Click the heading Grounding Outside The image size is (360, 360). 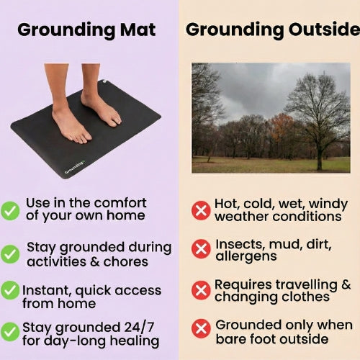click(x=272, y=30)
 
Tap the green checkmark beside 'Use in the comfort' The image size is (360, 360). click(x=10, y=210)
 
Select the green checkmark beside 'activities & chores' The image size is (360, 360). click(x=10, y=253)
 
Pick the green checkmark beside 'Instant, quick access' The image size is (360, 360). click(x=10, y=290)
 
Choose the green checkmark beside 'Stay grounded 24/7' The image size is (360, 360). click(x=10, y=331)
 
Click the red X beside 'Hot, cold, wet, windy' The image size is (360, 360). click(x=201, y=210)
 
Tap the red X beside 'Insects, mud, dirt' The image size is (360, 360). click(x=201, y=249)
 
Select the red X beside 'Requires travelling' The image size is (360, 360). click(x=201, y=290)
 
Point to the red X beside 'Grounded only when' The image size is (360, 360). click(x=201, y=330)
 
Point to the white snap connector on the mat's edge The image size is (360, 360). click(x=104, y=82)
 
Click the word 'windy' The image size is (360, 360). click(x=323, y=204)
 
